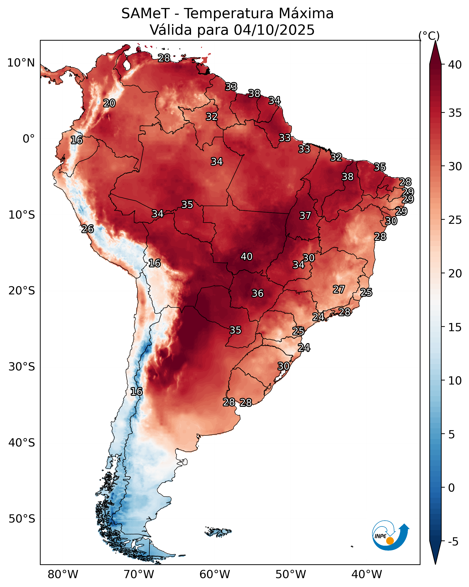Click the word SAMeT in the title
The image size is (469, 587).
145,13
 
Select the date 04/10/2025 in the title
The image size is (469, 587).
274,30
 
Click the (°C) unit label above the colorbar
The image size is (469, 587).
429,36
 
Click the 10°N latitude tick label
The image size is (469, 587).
21,63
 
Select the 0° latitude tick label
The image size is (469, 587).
29,139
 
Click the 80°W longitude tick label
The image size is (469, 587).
63,574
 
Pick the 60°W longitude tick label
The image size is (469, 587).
215,574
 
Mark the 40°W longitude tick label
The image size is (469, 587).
367,574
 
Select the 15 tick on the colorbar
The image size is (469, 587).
455,327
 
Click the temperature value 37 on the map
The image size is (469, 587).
305,216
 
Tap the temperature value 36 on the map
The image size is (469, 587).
258,293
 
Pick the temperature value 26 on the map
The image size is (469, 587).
88,229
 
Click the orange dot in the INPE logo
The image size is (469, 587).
390,541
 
